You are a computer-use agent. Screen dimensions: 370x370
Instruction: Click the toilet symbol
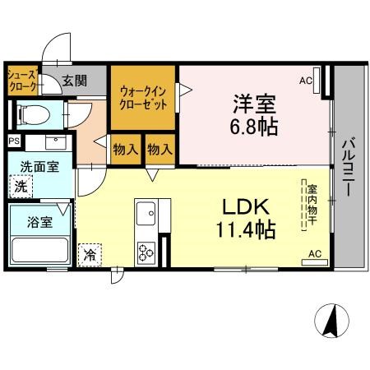[34, 114]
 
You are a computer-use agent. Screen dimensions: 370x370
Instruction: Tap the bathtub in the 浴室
[40, 250]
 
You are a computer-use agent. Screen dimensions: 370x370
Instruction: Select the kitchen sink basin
[146, 214]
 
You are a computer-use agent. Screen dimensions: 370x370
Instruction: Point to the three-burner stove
[146, 252]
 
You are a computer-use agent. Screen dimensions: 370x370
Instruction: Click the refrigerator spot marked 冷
[90, 255]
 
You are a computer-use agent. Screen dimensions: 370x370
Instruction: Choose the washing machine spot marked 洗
[21, 187]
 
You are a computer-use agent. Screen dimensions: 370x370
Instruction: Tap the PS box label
[14, 141]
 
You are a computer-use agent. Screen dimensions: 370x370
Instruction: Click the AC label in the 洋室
[306, 81]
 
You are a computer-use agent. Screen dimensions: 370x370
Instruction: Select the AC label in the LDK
[315, 254]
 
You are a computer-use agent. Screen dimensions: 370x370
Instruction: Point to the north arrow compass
[331, 321]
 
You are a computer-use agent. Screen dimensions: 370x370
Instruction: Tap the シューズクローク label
[22, 81]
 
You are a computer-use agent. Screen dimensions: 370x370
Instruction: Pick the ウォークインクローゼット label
[143, 98]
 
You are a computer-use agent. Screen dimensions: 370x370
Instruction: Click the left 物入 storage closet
[126, 150]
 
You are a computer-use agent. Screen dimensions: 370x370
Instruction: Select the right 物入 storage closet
[160, 150]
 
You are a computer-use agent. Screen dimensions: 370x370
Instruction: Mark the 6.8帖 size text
[254, 127]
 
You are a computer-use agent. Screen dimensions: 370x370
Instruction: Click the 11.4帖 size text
[246, 229]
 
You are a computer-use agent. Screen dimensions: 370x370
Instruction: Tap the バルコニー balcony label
[348, 167]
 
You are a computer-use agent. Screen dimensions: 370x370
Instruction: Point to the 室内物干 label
[312, 205]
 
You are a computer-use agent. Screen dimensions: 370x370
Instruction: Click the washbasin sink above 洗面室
[56, 142]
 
